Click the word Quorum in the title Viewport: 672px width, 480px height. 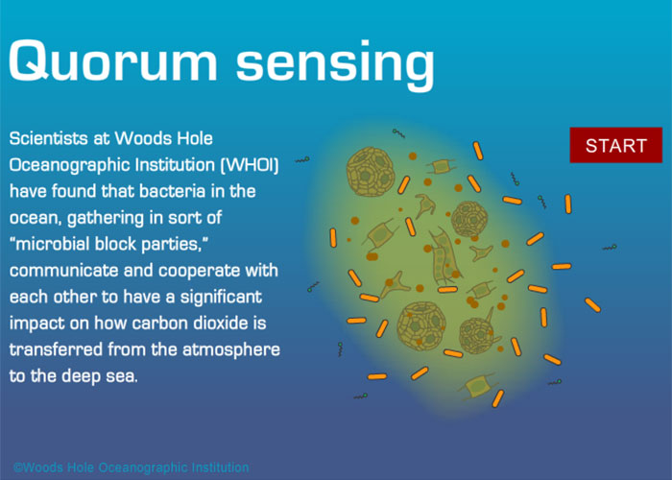(113, 60)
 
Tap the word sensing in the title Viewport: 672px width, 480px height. (336, 65)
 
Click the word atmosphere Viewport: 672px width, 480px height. (231, 350)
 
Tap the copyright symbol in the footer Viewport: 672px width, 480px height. (18, 468)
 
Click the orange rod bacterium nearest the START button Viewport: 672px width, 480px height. (568, 204)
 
